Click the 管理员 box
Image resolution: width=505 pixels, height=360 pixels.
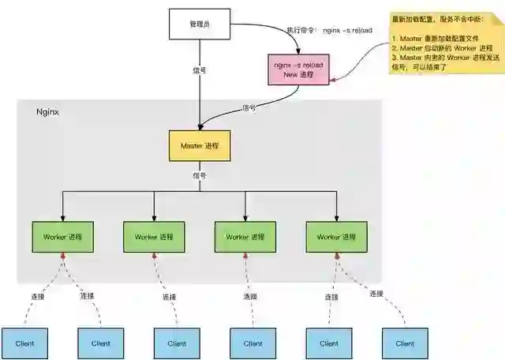coord(200,24)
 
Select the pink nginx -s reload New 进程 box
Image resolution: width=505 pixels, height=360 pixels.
coord(298,69)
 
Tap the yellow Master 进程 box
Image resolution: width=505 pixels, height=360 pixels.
coord(200,146)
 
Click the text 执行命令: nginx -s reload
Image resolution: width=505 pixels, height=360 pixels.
coord(329,30)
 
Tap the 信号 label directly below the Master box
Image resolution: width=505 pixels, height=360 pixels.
coord(199,175)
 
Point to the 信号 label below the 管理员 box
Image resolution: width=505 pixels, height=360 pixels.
coord(200,69)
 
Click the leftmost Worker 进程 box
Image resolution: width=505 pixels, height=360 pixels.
coord(63,237)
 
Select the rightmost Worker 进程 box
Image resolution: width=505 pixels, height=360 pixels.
coord(337,237)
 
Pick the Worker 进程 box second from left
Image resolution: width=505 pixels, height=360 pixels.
coord(154,237)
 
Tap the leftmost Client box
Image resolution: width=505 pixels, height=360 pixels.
coord(24,343)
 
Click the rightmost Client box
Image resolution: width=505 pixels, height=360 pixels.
coord(405,343)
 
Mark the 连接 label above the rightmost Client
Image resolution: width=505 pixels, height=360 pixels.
coord(376,294)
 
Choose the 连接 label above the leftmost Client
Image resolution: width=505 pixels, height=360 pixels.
coord(37,297)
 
